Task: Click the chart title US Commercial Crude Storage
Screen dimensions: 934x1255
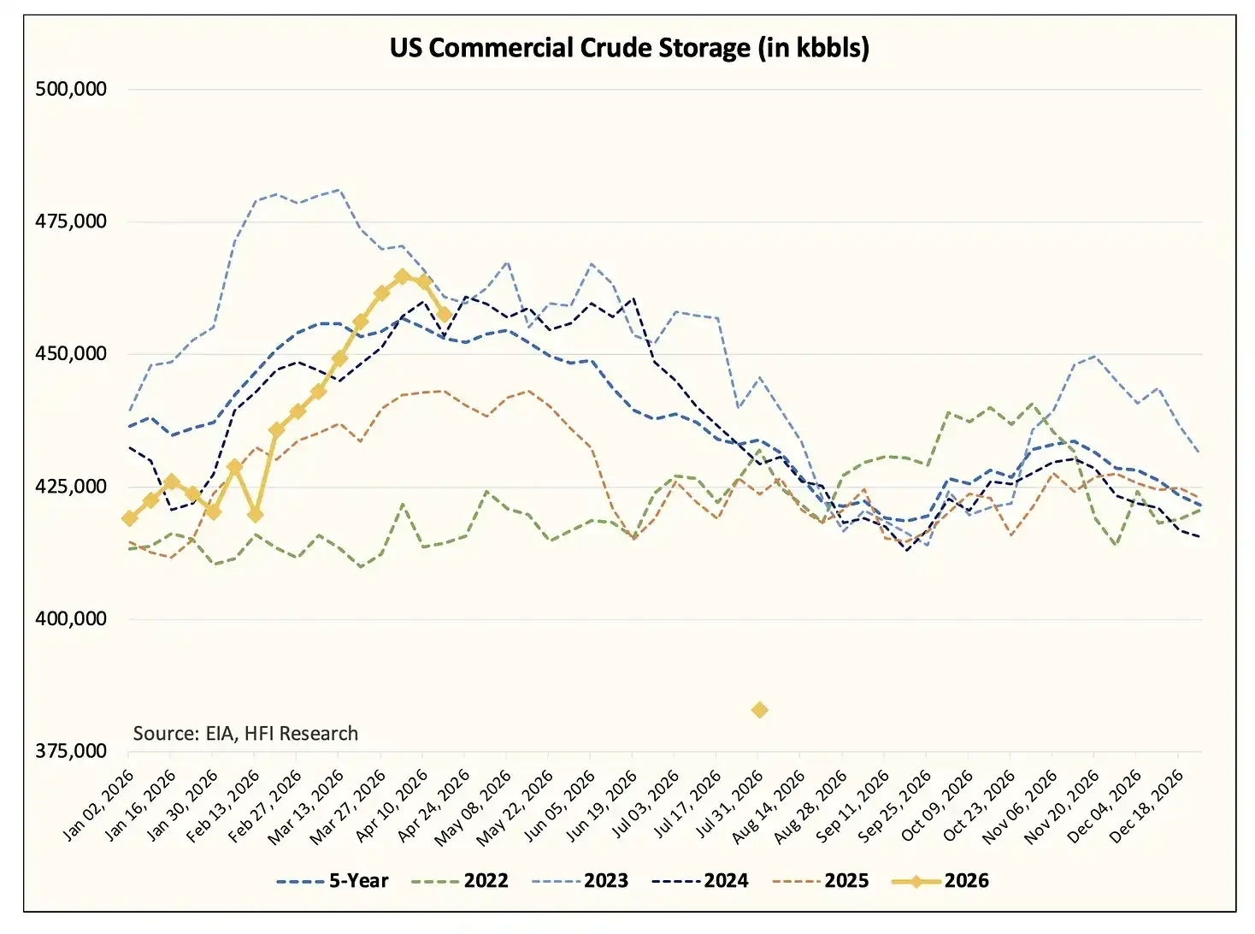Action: pos(629,48)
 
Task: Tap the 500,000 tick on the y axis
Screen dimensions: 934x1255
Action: pos(71,89)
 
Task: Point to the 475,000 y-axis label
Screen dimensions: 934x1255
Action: pos(71,222)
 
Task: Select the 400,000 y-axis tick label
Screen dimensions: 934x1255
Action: pos(71,618)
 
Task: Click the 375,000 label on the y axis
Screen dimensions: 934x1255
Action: pos(71,751)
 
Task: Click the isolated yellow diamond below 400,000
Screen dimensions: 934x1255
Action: pos(759,710)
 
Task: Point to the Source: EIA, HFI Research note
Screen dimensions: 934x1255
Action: pos(245,733)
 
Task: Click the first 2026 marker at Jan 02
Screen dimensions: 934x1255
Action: pos(130,518)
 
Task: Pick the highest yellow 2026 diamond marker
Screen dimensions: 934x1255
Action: pos(402,276)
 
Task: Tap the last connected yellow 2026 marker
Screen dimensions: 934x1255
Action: pos(445,315)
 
